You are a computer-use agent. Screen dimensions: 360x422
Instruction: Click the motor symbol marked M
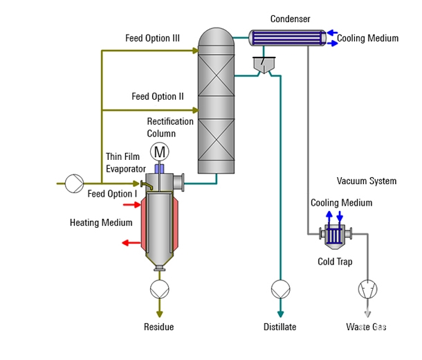pyautogui.click(x=160, y=152)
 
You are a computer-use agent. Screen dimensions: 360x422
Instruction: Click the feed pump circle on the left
pyautogui.click(x=73, y=183)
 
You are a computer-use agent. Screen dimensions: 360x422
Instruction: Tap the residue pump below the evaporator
pyautogui.click(x=159, y=288)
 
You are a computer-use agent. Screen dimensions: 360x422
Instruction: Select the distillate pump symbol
pyautogui.click(x=280, y=287)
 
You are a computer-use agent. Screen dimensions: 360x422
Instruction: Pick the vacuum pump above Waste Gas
pyautogui.click(x=366, y=287)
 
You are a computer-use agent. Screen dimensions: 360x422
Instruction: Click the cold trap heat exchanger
pyautogui.click(x=335, y=235)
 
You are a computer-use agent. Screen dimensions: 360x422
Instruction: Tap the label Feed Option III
pyautogui.click(x=152, y=38)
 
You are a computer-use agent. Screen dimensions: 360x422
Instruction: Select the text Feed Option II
pyautogui.click(x=158, y=96)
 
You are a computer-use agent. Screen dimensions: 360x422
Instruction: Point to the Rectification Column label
pyautogui.click(x=170, y=127)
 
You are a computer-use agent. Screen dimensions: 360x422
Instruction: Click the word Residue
pyautogui.click(x=158, y=327)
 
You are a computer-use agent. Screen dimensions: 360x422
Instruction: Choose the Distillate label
pyautogui.click(x=279, y=327)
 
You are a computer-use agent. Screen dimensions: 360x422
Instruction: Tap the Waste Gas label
pyautogui.click(x=366, y=327)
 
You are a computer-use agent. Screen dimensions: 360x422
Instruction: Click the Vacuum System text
pyautogui.click(x=367, y=181)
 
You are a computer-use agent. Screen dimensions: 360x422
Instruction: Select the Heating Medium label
pyautogui.click(x=101, y=223)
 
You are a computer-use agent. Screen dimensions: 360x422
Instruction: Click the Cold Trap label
pyautogui.click(x=335, y=262)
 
